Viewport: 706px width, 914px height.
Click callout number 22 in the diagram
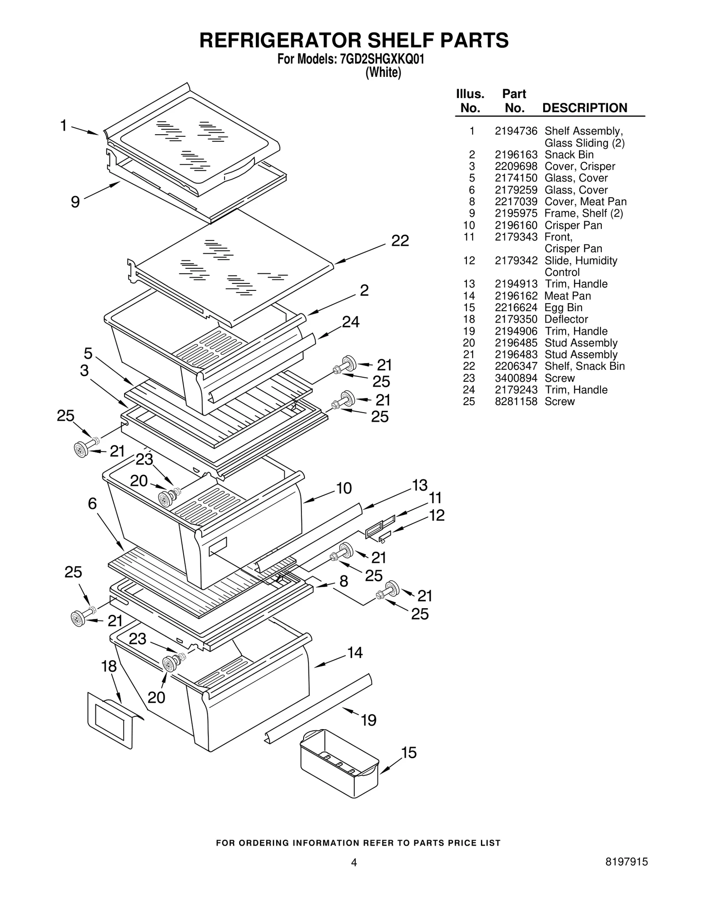click(x=400, y=241)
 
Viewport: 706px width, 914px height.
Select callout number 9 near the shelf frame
click(x=75, y=202)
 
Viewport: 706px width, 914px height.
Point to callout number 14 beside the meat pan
click(x=355, y=653)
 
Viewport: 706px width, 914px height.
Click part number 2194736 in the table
click(x=516, y=131)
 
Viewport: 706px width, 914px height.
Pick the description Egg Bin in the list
click(x=563, y=308)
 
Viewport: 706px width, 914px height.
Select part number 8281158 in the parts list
click(x=516, y=402)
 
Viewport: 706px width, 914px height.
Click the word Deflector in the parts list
click(x=566, y=319)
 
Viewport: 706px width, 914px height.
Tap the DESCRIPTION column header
click(x=584, y=108)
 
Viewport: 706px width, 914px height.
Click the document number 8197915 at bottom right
click(x=626, y=874)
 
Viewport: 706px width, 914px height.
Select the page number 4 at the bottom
click(x=353, y=875)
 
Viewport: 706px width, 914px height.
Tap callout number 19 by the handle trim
click(x=368, y=721)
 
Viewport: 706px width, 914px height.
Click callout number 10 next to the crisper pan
click(x=344, y=488)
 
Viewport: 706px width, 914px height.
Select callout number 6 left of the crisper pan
click(x=92, y=504)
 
